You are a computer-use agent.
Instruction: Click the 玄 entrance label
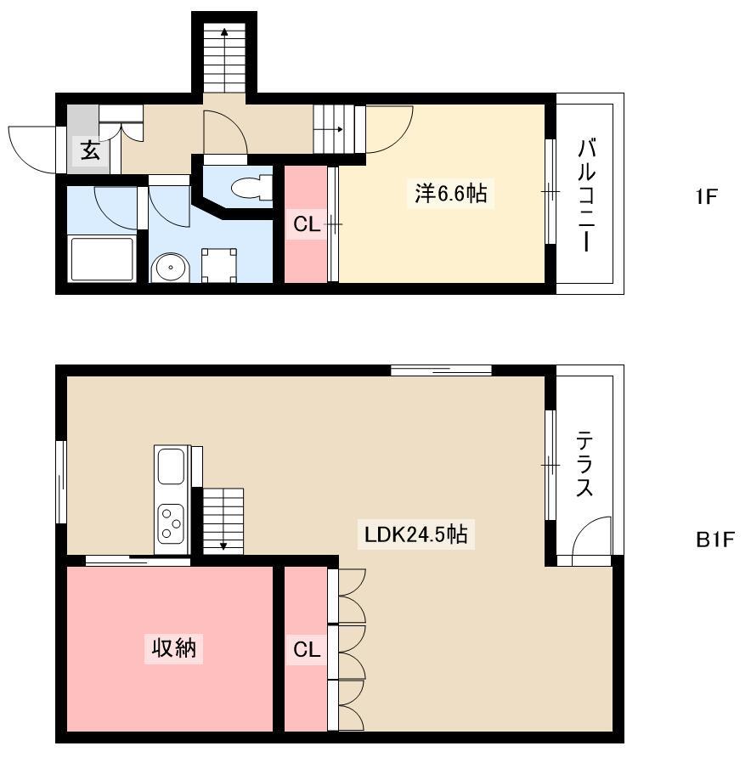click(90, 150)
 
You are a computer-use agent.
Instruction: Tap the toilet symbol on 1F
click(252, 187)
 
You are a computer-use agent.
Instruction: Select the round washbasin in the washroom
click(170, 267)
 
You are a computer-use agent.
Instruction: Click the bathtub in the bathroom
click(102, 258)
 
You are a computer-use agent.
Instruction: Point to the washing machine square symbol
click(219, 265)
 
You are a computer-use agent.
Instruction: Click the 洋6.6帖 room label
click(450, 193)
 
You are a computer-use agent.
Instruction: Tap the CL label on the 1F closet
click(307, 224)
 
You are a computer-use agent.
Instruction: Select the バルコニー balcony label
click(586, 195)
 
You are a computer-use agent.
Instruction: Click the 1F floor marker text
click(706, 197)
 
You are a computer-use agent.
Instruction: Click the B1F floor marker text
click(714, 540)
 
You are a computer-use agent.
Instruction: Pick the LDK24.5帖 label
click(416, 534)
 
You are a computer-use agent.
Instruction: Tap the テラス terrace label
click(584, 464)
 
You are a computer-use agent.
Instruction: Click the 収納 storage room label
click(173, 648)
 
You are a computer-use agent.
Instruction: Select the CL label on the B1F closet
click(307, 649)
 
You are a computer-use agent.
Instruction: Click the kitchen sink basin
click(172, 466)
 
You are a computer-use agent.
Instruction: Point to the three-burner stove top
click(171, 523)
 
